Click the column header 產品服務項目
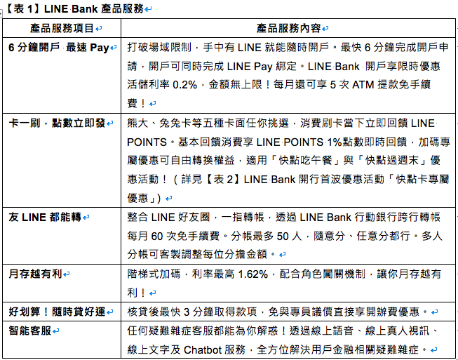[62, 28]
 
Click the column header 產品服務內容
[288, 28]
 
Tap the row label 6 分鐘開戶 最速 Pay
[59, 47]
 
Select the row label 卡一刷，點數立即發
[57, 123]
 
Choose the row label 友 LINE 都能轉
[45, 217]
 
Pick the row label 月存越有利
[35, 274]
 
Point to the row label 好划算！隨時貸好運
[57, 312]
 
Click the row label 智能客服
[29, 331]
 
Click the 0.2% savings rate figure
[185, 85]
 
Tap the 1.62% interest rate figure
[253, 274]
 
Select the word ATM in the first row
[363, 85]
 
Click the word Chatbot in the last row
[203, 349]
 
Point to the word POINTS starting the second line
[147, 142]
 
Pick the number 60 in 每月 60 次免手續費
[157, 236]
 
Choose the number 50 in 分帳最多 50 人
[283, 236]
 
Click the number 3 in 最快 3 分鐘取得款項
[187, 312]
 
